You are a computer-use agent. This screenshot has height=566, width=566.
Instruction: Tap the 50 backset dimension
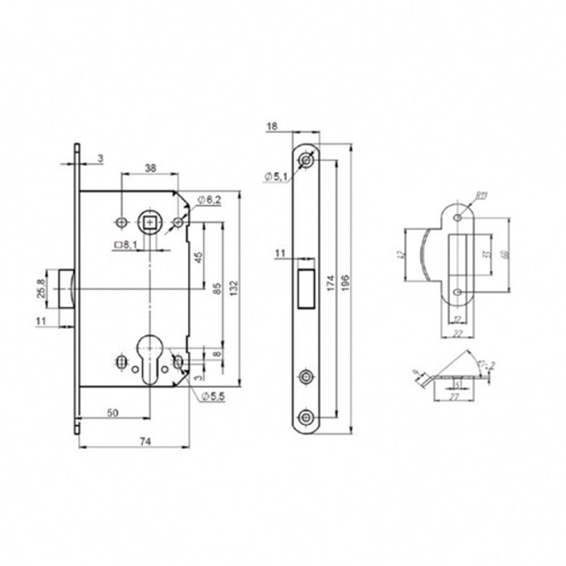pyautogui.click(x=113, y=413)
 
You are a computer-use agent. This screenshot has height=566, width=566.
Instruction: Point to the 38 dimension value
pyautogui.click(x=150, y=168)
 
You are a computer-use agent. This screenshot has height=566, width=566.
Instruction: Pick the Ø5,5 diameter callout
pyautogui.click(x=213, y=397)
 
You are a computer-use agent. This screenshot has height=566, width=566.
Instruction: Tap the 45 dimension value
pyautogui.click(x=198, y=256)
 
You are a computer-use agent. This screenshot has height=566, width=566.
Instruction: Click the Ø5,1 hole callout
pyautogui.click(x=276, y=178)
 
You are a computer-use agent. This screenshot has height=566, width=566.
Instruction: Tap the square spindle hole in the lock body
pyautogui.click(x=149, y=222)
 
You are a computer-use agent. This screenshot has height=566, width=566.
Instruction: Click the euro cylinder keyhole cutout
pyautogui.click(x=149, y=357)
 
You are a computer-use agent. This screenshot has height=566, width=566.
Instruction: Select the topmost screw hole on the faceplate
pyautogui.click(x=306, y=160)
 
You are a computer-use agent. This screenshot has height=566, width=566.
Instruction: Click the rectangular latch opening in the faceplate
pyautogui.click(x=306, y=288)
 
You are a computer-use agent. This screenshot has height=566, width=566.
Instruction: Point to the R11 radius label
pyautogui.click(x=481, y=196)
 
